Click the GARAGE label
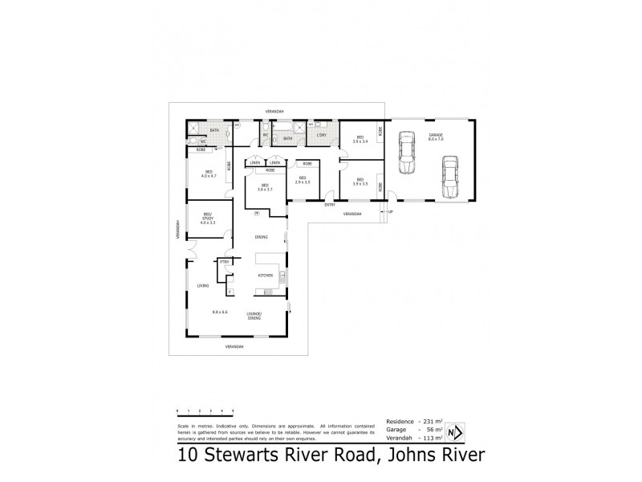pos(436,136)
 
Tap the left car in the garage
pos(407,156)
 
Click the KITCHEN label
pos(266,276)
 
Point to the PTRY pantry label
pos(225,262)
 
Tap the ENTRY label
pos(330,206)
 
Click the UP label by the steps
pos(391,212)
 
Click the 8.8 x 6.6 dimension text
pos(220,312)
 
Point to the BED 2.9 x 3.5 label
pos(303,180)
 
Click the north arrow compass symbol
pos(455,432)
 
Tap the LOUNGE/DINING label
pos(254,317)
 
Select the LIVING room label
pos(203,286)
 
